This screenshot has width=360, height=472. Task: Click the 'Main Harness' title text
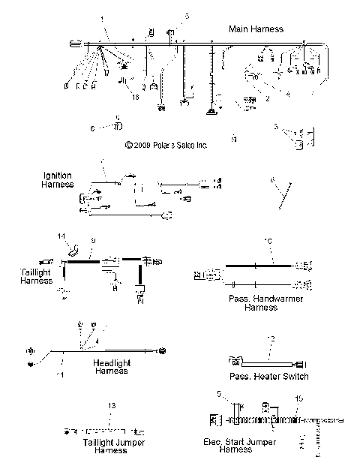256,29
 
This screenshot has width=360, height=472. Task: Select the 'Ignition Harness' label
58,179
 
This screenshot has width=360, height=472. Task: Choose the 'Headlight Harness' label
110,366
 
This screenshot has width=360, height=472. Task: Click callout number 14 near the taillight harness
61,236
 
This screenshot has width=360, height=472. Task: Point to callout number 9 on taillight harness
92,240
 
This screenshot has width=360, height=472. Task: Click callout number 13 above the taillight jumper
111,405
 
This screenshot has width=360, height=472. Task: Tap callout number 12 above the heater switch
272,340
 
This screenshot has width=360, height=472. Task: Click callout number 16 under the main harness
136,97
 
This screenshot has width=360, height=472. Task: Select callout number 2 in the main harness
267,98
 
